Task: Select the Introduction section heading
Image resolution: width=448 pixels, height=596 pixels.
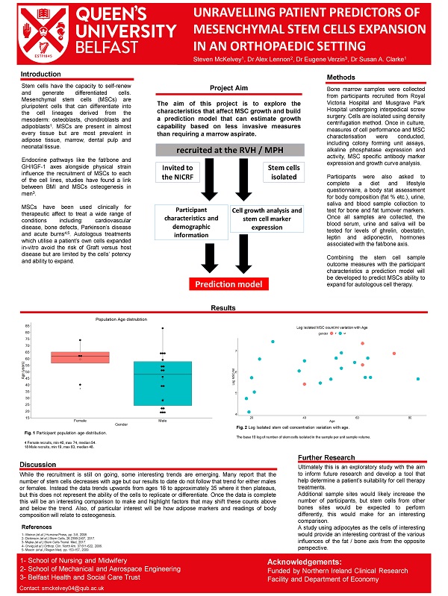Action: coord(41,75)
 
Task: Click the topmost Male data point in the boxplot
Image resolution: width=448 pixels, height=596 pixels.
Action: coord(163,327)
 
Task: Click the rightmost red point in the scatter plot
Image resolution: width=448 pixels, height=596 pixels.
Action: coord(393,353)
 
